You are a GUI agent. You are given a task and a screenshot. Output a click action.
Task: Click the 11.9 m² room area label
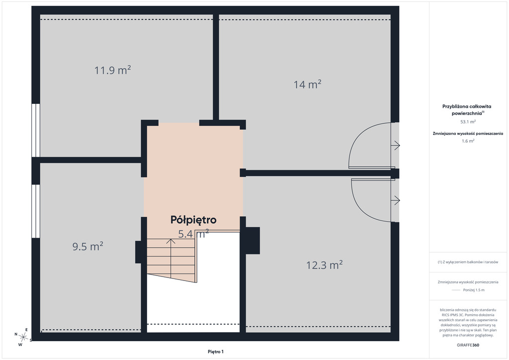[x=113, y=70]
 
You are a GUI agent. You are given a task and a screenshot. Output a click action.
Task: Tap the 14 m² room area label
[x=307, y=85]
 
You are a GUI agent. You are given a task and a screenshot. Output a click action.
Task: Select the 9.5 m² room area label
[x=88, y=247]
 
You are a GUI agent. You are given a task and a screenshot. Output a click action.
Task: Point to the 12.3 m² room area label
[x=325, y=265]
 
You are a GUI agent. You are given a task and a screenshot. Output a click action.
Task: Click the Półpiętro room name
[x=193, y=220]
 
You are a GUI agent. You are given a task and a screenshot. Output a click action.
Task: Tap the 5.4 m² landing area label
[x=193, y=233]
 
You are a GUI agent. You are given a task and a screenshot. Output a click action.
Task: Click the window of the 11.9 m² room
[x=36, y=130]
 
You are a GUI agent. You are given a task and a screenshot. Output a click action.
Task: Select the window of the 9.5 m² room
[x=36, y=211]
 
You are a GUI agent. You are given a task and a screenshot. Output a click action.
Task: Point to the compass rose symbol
[x=23, y=337]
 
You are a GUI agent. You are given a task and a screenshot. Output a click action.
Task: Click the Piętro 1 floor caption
[x=216, y=352]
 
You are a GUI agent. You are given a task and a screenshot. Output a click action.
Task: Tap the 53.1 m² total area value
[x=468, y=122]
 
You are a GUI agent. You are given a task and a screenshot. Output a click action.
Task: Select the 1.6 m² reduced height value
[x=468, y=141]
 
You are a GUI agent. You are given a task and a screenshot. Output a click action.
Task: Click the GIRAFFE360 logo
[x=468, y=345]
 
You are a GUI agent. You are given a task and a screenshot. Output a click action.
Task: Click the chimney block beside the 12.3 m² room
[x=253, y=240]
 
